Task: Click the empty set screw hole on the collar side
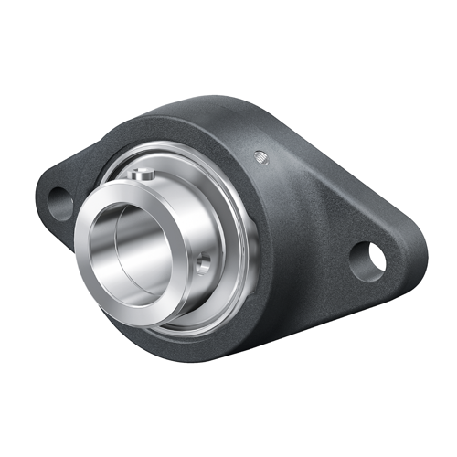203,263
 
